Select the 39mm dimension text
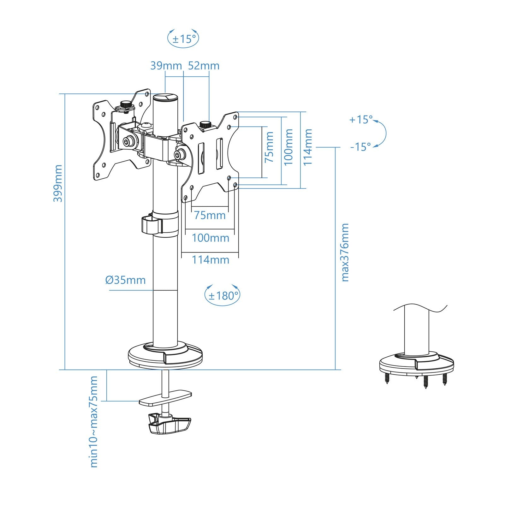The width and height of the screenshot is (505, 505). coord(166,66)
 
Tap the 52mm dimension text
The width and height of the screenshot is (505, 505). coord(204,66)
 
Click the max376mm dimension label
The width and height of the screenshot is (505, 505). coord(345,252)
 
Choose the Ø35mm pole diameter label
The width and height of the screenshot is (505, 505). coord(126,280)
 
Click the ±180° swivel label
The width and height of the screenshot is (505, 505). coord(223,296)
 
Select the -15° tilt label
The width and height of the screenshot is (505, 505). coord(361,147)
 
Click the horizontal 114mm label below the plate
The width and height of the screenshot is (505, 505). coord(211,260)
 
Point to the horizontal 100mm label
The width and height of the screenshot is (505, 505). coord(211,238)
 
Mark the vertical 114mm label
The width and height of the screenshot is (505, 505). coord(308,147)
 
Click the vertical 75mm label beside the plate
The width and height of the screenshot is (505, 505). coord(269,147)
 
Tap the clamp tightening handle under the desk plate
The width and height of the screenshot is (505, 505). coord(169,425)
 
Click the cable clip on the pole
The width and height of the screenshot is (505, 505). coord(152,224)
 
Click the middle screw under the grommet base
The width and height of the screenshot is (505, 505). coord(425,382)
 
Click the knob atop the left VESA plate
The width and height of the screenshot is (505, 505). coord(126,104)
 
